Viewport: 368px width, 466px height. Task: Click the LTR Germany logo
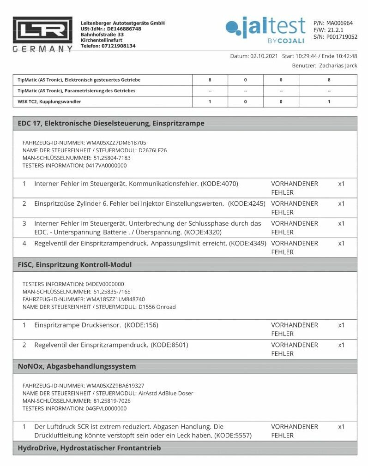[42, 35]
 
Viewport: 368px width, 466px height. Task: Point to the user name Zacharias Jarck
[338, 66]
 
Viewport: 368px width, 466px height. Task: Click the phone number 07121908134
[119, 46]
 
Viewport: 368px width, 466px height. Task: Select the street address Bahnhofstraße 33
[102, 35]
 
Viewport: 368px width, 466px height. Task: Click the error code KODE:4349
[248, 243]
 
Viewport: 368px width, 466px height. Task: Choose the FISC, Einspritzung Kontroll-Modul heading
[75, 265]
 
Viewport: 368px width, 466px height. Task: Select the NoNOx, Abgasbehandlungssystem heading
[77, 366]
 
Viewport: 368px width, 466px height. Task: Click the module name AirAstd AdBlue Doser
[166, 393]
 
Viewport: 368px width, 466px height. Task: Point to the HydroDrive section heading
[89, 448]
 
